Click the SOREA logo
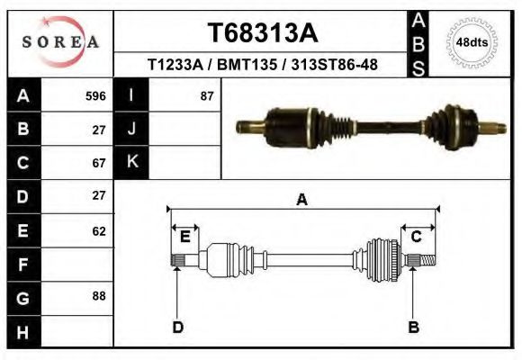(60, 42)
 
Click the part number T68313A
(262, 33)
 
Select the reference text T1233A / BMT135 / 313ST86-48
(262, 65)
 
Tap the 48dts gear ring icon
(472, 42)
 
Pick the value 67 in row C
(99, 163)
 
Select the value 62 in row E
(99, 230)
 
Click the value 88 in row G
(99, 295)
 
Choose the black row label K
(131, 162)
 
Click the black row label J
(131, 130)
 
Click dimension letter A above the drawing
(301, 200)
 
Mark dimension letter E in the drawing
(184, 237)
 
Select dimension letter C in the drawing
(417, 237)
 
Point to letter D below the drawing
(177, 327)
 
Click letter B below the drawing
(413, 327)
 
